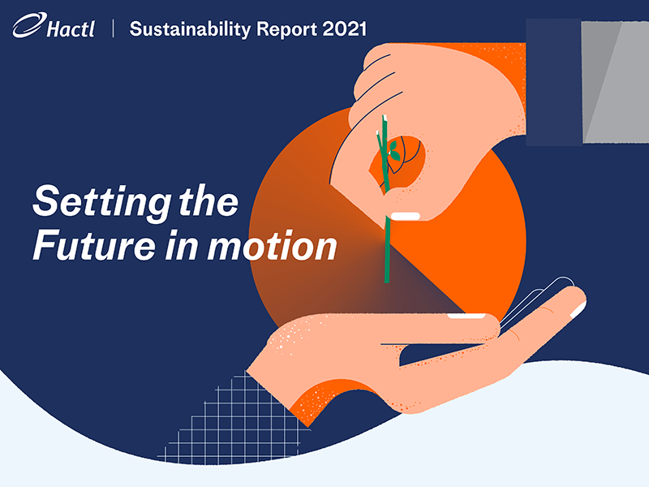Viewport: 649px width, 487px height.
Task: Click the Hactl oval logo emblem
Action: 29,25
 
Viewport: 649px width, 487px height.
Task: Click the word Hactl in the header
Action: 71,29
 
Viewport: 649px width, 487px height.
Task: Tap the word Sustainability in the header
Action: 190,29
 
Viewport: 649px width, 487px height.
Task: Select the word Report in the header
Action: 287,29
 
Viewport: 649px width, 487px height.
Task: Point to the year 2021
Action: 344,29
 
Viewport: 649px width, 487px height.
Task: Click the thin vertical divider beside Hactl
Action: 113,28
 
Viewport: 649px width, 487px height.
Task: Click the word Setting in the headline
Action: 101,201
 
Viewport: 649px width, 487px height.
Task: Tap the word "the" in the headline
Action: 208,200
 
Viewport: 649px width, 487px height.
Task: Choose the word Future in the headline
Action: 94,246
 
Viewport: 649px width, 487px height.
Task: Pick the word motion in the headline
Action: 272,246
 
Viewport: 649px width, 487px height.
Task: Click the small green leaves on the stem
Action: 393,151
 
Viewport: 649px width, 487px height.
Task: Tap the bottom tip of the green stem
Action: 387,282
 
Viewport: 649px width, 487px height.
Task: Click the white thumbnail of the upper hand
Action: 406,216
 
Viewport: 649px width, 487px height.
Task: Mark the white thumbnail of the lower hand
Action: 466,316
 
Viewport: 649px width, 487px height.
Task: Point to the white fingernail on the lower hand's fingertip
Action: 578,310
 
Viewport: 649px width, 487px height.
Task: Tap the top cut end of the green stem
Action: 385,118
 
